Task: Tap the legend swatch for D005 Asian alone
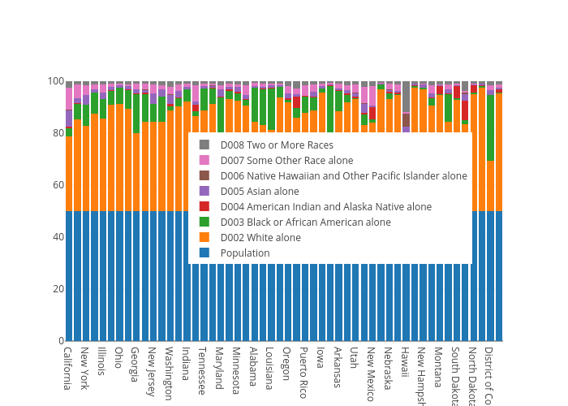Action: (x=204, y=192)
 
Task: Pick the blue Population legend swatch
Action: (x=204, y=253)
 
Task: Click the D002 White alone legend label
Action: (x=260, y=238)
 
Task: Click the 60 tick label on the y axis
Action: (x=56, y=185)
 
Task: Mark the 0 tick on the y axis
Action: (x=59, y=341)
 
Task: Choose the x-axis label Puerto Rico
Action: (x=303, y=372)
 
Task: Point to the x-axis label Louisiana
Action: (x=270, y=369)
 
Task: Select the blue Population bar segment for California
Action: (x=69, y=276)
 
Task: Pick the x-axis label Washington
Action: (x=169, y=374)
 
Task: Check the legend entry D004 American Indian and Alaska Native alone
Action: (x=325, y=207)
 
